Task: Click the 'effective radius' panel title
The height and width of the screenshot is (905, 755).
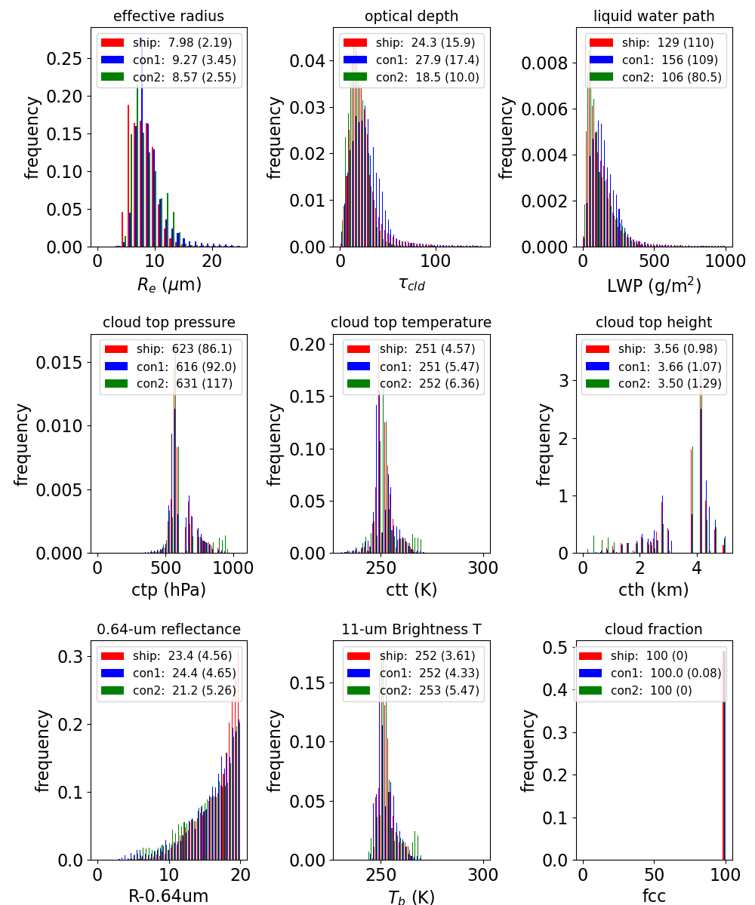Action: coord(168,17)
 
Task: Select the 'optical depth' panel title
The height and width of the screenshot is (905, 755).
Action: coord(411,17)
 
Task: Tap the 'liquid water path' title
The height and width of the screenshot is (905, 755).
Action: coord(654,17)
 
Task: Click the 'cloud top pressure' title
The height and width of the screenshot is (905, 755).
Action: coord(168,323)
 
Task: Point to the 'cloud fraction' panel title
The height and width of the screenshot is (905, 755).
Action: coord(654,629)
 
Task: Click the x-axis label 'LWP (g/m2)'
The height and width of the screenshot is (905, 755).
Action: coord(654,285)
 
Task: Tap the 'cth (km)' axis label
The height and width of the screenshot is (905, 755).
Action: coord(654,590)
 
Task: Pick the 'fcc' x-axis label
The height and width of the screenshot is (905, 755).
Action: coord(654,896)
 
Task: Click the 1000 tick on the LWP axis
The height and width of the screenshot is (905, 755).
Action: coord(726,262)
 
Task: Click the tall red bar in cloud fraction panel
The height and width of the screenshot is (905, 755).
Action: coord(723,754)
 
